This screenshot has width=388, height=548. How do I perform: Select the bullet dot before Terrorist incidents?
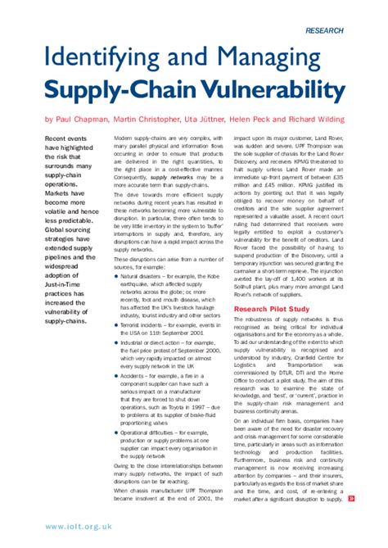click(x=116, y=324)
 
